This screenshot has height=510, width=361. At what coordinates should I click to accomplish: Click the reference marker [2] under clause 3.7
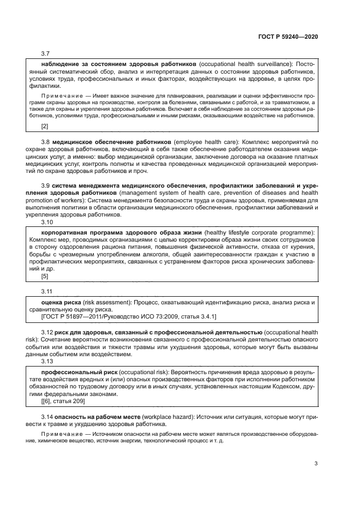pyautogui.click(x=45, y=127)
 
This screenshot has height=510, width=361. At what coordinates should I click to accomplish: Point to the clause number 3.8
pyautogui.click(x=45, y=142)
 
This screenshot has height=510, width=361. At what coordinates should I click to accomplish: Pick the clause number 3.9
pyautogui.click(x=45, y=187)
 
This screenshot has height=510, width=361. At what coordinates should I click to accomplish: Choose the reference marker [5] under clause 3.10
pyautogui.click(x=45, y=276)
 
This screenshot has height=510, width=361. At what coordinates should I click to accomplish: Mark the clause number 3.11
pyautogui.click(x=47, y=292)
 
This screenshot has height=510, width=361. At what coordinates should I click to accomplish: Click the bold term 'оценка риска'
pyautogui.click(x=61, y=302)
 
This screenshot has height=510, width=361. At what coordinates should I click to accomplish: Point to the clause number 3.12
pyautogui.click(x=47, y=332)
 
